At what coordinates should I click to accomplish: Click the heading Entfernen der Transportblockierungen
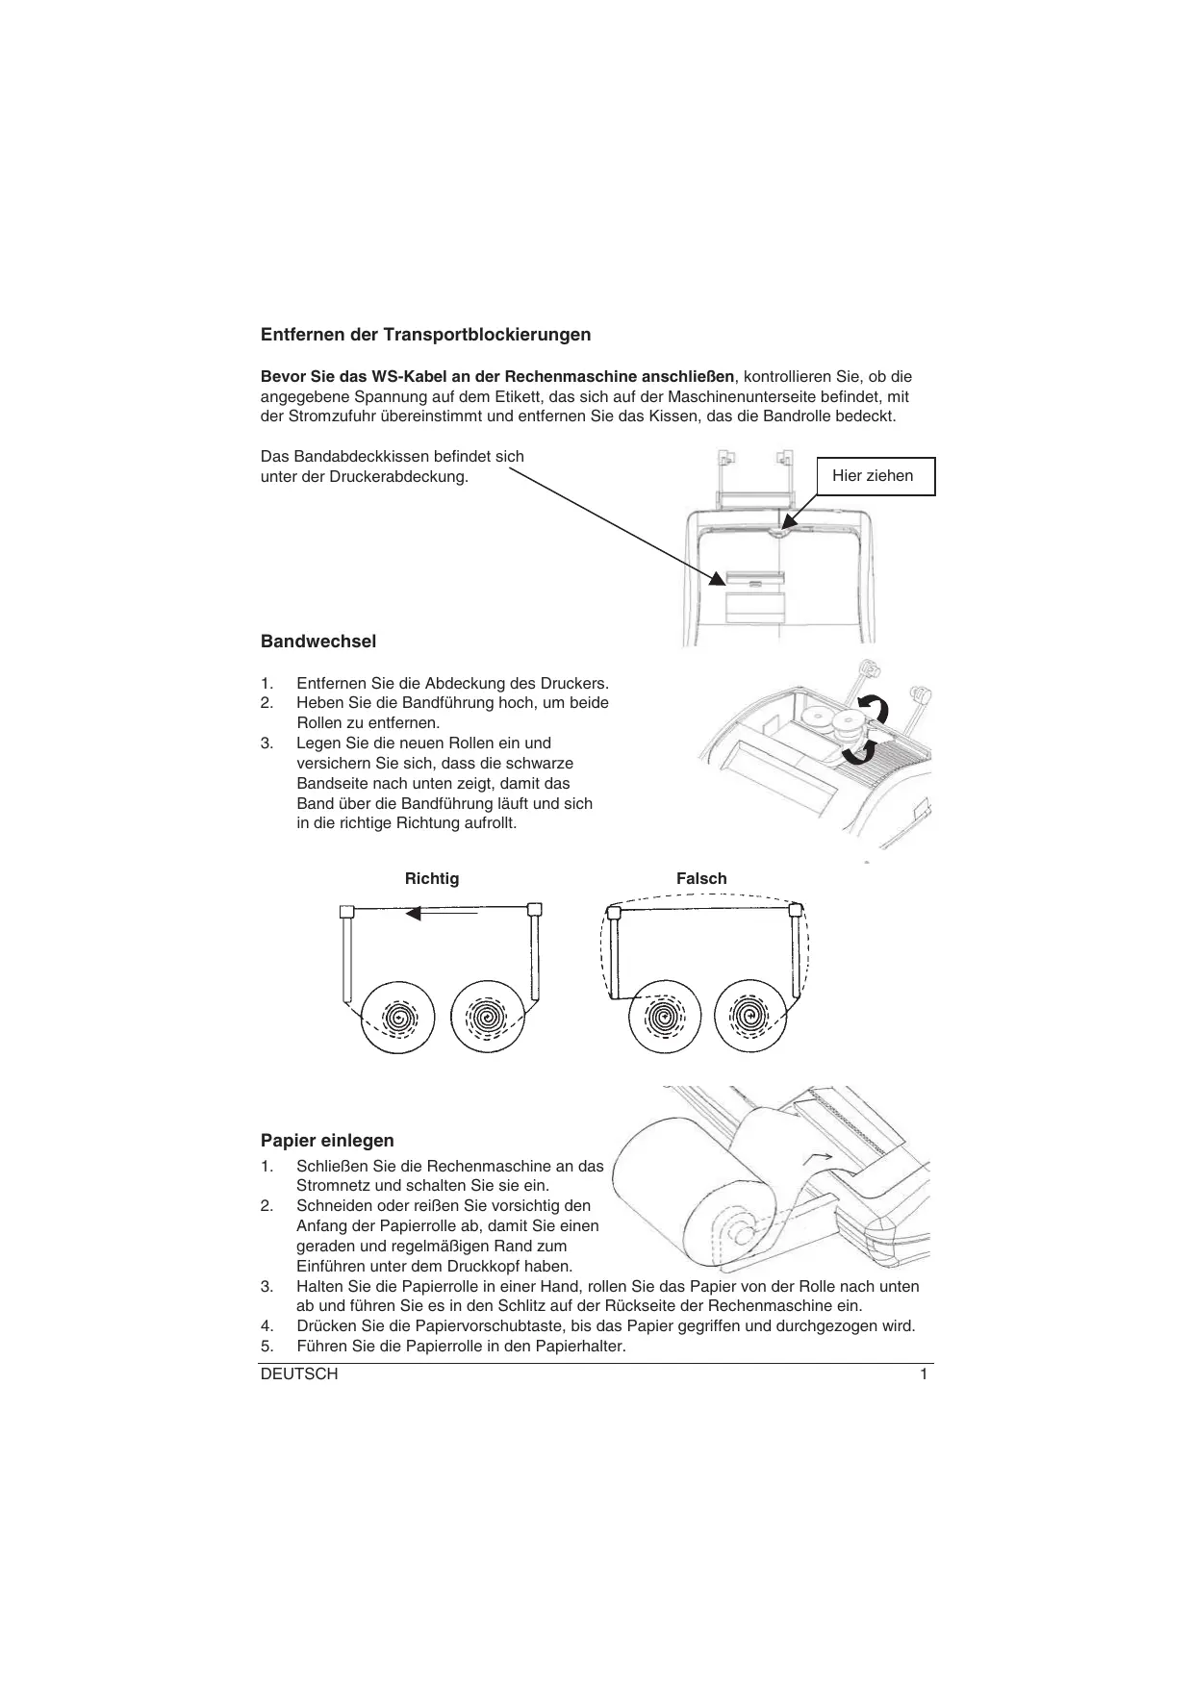click(425, 335)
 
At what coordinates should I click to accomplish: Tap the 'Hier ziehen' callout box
click(873, 476)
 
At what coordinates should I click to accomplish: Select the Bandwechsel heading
click(318, 642)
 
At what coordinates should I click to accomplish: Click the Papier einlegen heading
click(327, 1141)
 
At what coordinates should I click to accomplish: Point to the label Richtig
click(432, 878)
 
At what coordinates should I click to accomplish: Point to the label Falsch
click(701, 878)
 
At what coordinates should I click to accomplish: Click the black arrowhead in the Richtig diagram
click(414, 913)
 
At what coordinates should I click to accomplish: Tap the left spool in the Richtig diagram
click(398, 1018)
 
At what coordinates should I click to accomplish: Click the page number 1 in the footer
click(924, 1374)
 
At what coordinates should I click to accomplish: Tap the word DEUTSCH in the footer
click(299, 1374)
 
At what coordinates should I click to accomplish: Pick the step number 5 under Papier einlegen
click(267, 1346)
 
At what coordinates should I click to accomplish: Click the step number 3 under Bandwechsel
click(267, 743)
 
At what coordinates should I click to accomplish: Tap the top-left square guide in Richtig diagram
click(348, 910)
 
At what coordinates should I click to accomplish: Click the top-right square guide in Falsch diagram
click(796, 909)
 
